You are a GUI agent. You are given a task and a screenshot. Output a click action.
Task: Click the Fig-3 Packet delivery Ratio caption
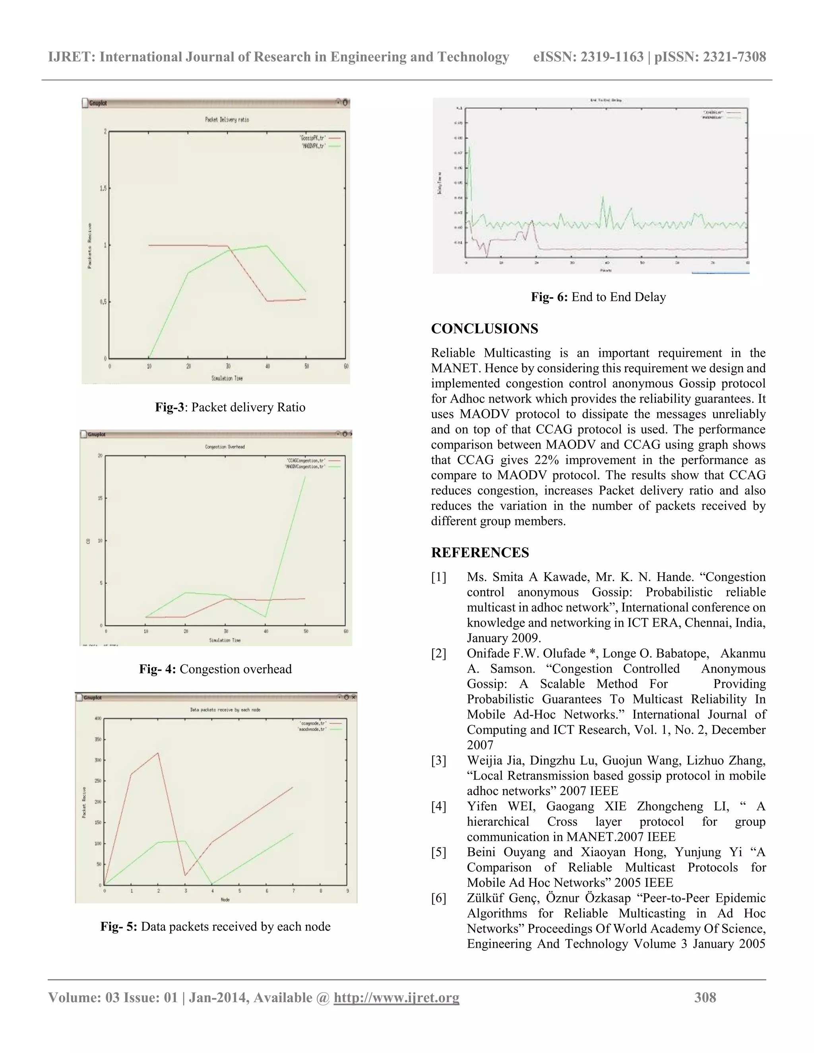pyautogui.click(x=230, y=407)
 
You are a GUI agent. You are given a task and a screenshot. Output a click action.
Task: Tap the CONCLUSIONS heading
pyautogui.click(x=484, y=329)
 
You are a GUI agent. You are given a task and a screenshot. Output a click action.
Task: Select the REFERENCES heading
pyautogui.click(x=480, y=553)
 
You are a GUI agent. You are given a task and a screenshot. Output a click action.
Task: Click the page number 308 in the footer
pyautogui.click(x=705, y=997)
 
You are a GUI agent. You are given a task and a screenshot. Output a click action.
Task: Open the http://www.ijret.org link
pyautogui.click(x=396, y=997)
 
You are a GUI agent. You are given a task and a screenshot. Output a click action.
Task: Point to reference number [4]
pyautogui.click(x=438, y=806)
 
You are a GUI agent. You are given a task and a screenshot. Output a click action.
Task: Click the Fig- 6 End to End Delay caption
pyautogui.click(x=598, y=297)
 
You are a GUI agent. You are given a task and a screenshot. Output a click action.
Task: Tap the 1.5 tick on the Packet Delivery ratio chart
pyautogui.click(x=103, y=188)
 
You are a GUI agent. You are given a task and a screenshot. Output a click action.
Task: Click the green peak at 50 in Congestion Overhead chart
pyautogui.click(x=305, y=477)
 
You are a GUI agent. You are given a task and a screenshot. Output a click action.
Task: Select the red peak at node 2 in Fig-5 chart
pyautogui.click(x=158, y=753)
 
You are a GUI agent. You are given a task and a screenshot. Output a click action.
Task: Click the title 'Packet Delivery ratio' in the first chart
pyautogui.click(x=227, y=120)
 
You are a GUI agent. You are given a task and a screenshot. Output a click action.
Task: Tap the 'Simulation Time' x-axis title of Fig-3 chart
pyautogui.click(x=227, y=378)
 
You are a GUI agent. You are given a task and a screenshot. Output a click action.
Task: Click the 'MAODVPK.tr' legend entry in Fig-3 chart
pyautogui.click(x=314, y=145)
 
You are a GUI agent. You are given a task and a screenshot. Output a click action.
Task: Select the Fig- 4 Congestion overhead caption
pyautogui.click(x=215, y=669)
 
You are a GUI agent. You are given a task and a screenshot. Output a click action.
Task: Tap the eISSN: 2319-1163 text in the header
pyautogui.click(x=588, y=57)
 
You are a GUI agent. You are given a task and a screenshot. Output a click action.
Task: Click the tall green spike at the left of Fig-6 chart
pyautogui.click(x=469, y=149)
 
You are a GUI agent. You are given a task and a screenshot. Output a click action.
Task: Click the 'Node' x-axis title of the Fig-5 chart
pyautogui.click(x=225, y=900)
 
